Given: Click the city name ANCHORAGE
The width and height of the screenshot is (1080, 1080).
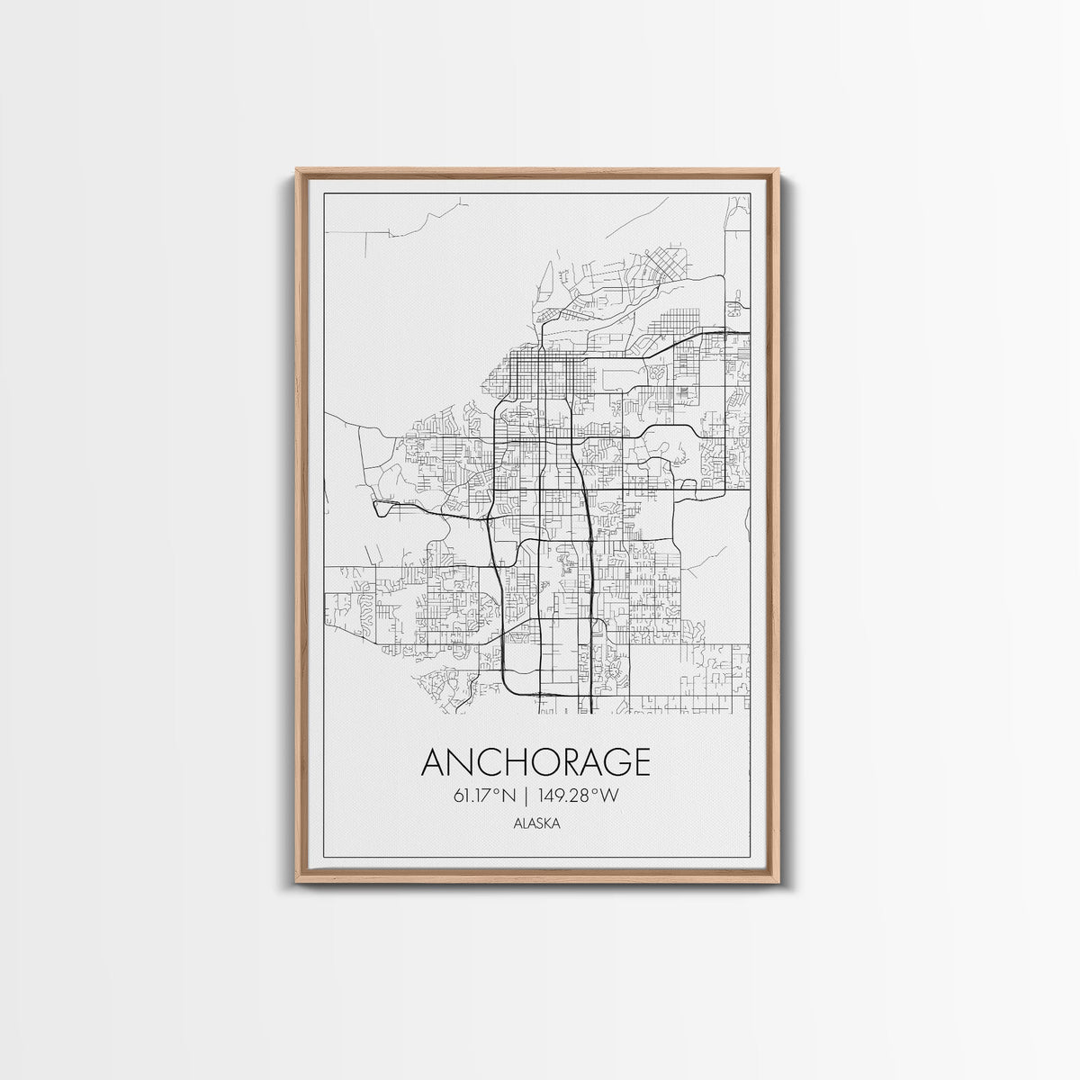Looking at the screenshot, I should tap(535, 762).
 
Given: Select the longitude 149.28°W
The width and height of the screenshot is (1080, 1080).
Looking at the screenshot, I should tap(581, 795).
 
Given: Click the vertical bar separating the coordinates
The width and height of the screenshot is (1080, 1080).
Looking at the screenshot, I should tap(528, 795).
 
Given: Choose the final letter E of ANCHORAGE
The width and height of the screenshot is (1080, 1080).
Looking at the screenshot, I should tap(637, 762).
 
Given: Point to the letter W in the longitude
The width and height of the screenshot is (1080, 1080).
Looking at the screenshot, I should tap(612, 795).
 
